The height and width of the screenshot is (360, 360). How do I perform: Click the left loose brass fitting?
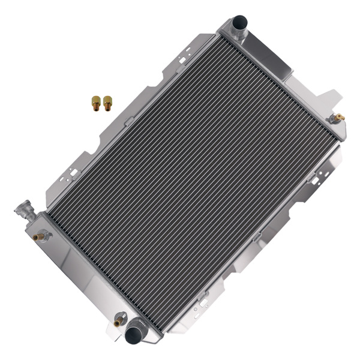pos(96,103)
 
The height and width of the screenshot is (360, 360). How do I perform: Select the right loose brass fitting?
pos(107,103)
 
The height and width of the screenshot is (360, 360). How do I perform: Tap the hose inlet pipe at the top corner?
pos(240,25)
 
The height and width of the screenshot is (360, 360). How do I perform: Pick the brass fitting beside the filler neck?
pos(40,237)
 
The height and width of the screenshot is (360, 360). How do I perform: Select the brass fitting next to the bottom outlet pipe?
pos(118,322)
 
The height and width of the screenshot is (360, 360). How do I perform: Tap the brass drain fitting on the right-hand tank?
pos(338,118)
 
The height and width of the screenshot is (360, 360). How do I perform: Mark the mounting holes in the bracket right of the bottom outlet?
pos(204,295)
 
